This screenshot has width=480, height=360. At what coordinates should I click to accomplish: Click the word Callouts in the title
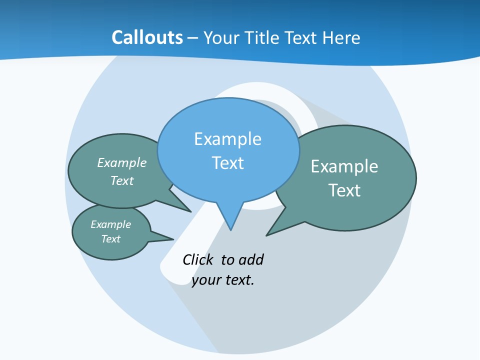147,37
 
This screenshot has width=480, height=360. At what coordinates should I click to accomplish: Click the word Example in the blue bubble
227,139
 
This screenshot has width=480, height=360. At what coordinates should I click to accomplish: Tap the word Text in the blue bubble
228,163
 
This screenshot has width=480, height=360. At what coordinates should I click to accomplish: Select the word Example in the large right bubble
344,166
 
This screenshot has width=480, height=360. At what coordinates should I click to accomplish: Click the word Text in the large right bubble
344,190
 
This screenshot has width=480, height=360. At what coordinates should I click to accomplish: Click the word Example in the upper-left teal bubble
122,163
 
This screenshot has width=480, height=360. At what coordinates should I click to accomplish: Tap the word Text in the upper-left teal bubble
122,181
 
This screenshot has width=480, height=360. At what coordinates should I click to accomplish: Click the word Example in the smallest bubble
110,224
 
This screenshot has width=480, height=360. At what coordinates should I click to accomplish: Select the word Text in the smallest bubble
110,239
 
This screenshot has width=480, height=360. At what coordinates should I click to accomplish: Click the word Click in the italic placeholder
197,260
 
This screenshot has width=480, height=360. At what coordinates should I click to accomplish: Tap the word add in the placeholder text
251,260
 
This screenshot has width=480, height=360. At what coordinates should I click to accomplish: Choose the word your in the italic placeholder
206,280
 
